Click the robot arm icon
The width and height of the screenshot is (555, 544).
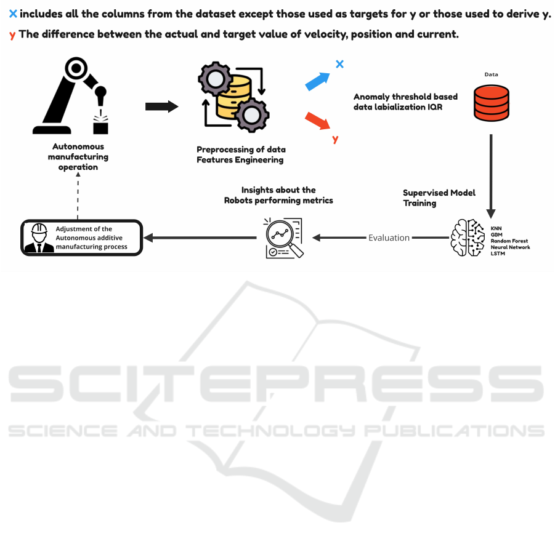70,95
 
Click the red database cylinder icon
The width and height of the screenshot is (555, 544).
492,103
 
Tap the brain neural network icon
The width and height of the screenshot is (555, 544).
468,238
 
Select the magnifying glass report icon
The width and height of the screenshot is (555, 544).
284,238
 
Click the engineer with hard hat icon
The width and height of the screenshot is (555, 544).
39,238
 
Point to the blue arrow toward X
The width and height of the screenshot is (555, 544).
317,82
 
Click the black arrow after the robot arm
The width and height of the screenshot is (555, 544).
162,106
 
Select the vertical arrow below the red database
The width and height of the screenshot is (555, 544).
491,176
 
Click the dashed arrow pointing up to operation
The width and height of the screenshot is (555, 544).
78,196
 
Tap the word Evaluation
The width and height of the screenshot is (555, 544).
389,238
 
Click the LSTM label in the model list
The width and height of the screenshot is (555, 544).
498,254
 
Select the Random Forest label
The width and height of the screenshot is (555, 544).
509,241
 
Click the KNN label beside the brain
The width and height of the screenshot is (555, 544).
496,228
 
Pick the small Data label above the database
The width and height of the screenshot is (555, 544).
492,74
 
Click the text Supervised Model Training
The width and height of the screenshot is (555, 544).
439,198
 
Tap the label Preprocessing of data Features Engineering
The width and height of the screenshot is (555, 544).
241,154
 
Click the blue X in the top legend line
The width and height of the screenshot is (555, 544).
13,14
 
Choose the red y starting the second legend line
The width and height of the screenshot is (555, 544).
12,35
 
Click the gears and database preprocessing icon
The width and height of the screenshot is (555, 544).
233,97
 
